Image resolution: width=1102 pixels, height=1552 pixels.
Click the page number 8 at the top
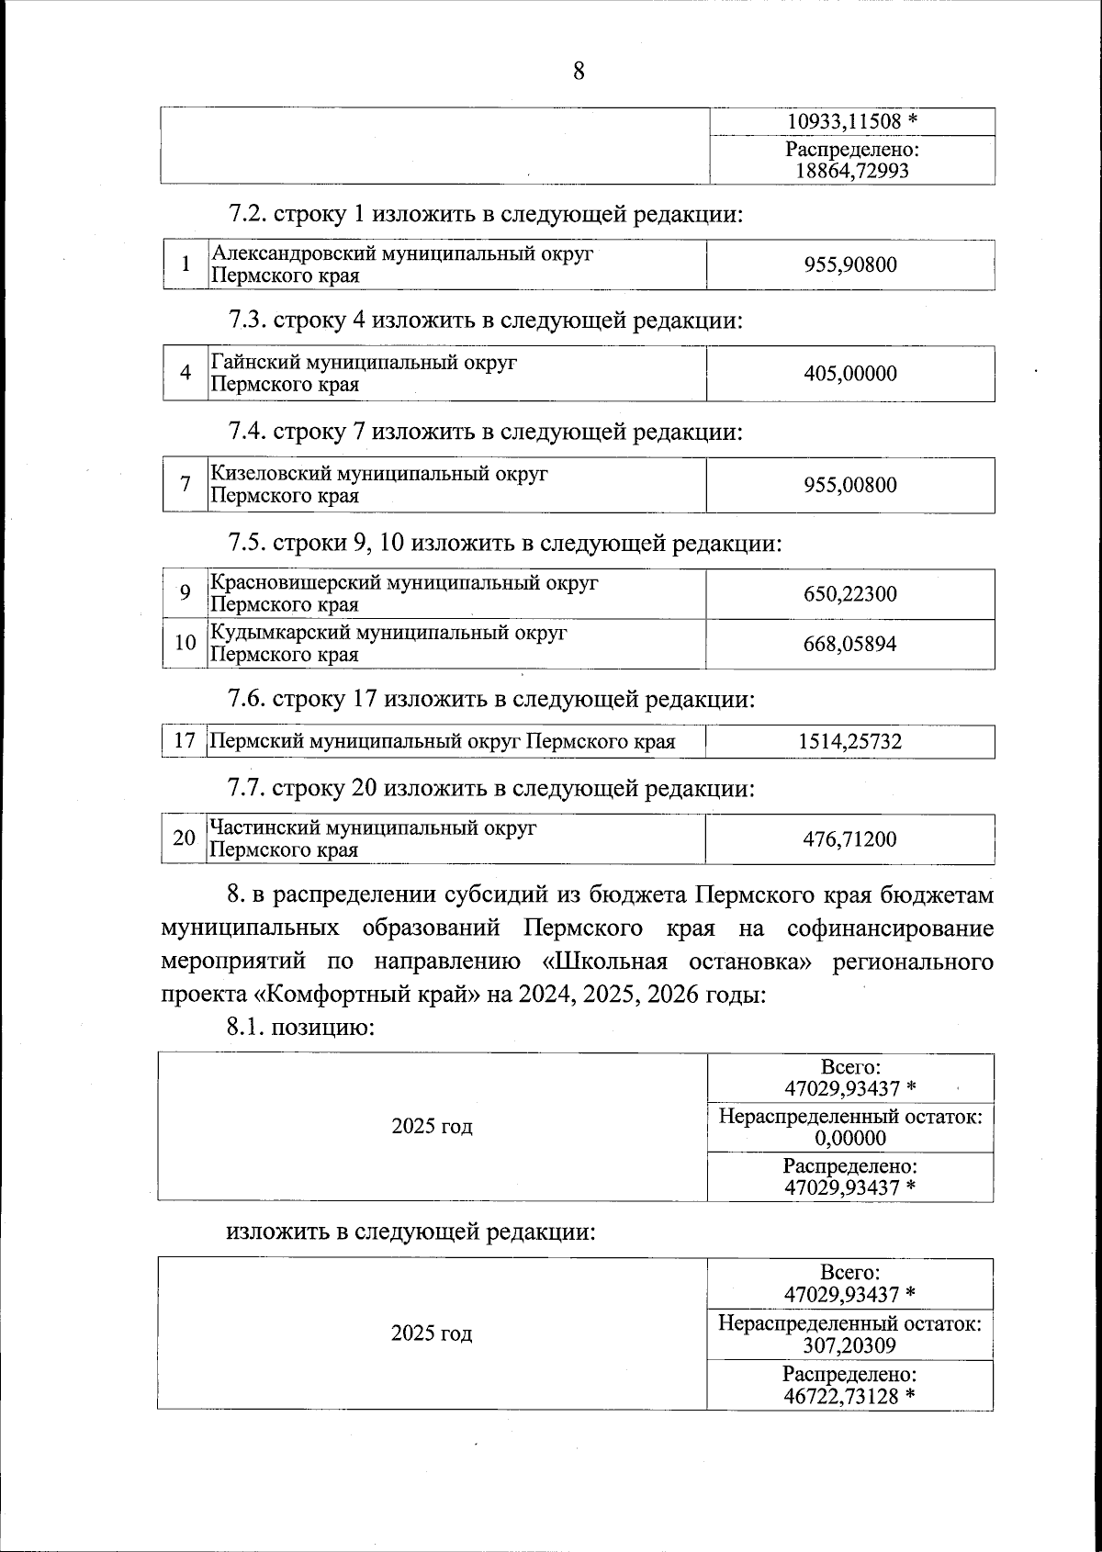coord(578,71)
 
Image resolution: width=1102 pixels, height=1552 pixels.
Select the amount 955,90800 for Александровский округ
coord(850,265)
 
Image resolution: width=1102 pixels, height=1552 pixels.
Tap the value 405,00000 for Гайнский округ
coord(850,374)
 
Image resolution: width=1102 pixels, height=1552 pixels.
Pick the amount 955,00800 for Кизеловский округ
coord(850,485)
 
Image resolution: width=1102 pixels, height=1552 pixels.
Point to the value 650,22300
coord(850,594)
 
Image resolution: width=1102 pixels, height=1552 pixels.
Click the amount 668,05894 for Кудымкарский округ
coord(850,644)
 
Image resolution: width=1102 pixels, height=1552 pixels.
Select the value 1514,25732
coord(850,742)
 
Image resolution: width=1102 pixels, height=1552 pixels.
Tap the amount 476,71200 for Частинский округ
coord(850,839)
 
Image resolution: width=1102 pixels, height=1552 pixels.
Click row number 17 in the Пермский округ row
coord(185,742)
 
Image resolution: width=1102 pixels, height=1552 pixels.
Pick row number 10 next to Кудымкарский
coord(185,643)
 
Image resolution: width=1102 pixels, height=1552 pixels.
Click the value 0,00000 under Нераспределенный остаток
coord(850,1140)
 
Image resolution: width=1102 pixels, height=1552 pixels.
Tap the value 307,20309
coord(850,1346)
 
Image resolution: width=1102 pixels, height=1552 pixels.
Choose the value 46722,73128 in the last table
coord(843,1397)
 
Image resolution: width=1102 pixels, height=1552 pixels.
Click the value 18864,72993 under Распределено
coord(850,171)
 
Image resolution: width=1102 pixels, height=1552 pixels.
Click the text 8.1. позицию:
coord(300,1027)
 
